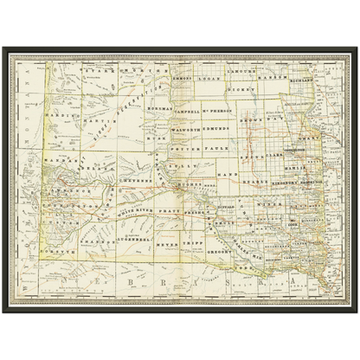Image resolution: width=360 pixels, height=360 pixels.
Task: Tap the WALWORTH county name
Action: coord(187,128)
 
